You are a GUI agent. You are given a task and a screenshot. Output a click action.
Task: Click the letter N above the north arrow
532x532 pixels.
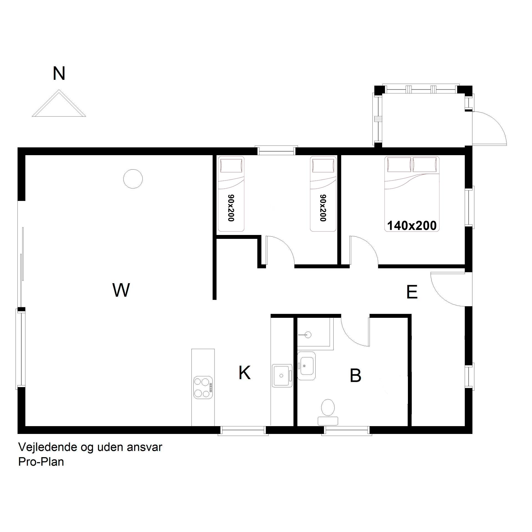coord(59,73)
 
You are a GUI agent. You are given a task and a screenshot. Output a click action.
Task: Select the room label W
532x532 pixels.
coord(121,290)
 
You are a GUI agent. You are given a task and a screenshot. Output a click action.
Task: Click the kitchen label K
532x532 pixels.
coord(244,372)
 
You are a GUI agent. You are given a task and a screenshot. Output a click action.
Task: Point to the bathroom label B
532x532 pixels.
coord(355,375)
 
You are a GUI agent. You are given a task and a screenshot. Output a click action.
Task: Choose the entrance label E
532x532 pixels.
coord(412,292)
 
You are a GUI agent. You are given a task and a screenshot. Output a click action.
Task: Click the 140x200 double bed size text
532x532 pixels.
coord(412,226)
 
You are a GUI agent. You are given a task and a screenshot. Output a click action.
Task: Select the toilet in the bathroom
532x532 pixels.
coord(328,412)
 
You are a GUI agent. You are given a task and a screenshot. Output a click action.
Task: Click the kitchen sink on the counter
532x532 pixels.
coord(282,375)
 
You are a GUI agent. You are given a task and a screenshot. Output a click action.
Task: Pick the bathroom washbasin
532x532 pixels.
coord(306,366)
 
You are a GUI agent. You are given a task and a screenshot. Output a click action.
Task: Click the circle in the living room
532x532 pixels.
coord(133,179)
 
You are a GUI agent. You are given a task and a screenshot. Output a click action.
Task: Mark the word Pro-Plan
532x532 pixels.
coord(41,462)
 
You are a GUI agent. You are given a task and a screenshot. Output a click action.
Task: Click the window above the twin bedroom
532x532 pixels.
coord(276,150)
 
